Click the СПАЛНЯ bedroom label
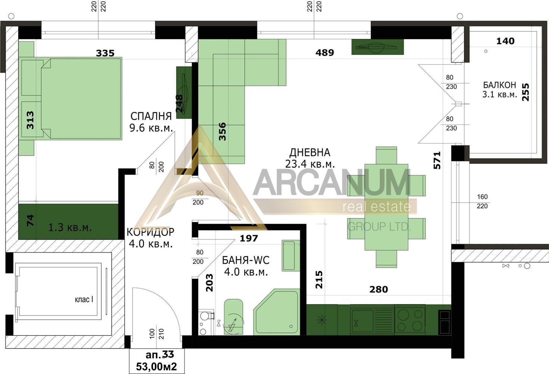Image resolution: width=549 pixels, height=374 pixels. pos(151,116)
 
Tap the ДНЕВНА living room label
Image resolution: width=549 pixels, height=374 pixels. pos(310,153)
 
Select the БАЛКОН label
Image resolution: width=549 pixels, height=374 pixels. pos(499,85)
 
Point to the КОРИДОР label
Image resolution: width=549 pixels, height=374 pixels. pos(151,232)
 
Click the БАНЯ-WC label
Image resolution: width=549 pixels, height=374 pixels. pos(246,260)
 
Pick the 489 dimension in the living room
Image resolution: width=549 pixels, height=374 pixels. pos(325,53)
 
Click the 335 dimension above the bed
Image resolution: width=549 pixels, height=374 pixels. pos(105,53)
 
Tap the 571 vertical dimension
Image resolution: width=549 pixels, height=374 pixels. pos(437,160)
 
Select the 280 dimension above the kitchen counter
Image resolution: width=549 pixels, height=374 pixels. pos(379,289)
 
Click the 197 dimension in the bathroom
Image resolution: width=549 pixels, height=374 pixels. pos(249,238)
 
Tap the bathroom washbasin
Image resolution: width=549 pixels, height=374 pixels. pos(291,255)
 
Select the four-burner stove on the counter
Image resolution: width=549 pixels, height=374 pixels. pos(409,320)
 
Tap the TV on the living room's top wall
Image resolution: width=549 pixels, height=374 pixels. pos(377,47)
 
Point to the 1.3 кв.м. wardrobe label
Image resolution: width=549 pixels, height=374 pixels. pos(70,227)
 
